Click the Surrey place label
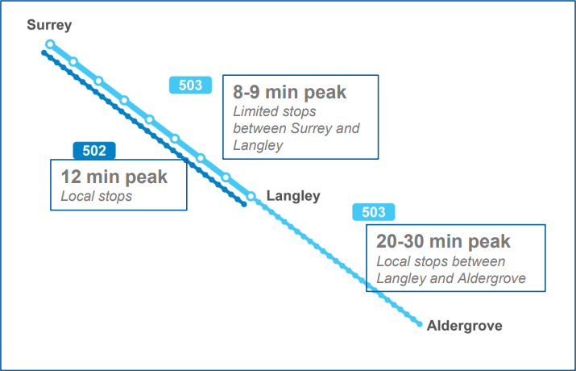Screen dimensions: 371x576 [49, 25]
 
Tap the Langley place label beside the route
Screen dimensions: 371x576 [293, 196]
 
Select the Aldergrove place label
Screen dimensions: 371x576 [464, 326]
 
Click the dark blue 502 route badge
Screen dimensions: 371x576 [94, 150]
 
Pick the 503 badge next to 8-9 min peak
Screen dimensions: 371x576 [190, 85]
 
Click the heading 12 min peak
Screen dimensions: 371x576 [114, 177]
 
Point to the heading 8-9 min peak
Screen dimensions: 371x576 [289, 92]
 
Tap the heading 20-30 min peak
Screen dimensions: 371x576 [443, 241]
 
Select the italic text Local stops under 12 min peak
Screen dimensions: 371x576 [96, 195]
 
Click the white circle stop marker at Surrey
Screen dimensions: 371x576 [50, 44]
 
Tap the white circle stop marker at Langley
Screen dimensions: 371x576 [251, 196]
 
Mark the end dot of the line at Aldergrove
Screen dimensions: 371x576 [420, 324]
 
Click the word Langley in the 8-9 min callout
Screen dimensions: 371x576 [255, 144]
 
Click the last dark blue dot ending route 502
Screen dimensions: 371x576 [243, 204]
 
